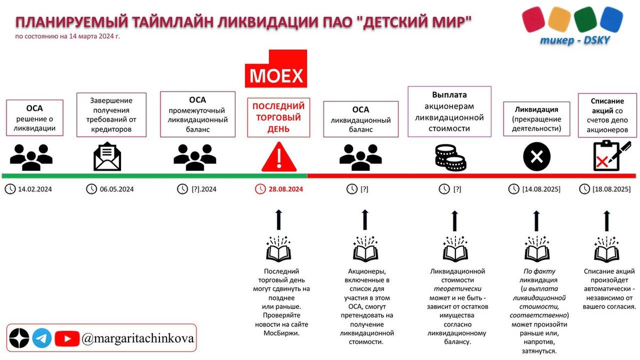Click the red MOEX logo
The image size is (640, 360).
click(276, 69)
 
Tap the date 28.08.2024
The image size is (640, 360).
click(286, 189)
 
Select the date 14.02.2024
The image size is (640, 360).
click(35, 189)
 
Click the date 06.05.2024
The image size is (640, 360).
click(116, 189)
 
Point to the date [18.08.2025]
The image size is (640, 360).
click(611, 189)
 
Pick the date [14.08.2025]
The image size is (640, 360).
click(541, 189)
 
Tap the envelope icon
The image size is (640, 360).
click(107, 156)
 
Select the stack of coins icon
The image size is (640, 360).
click(450, 158)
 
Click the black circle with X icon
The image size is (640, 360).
click(537, 157)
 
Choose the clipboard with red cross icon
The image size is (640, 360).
click(607, 155)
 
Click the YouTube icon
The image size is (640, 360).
click(67, 338)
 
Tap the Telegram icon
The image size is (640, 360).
click(42, 338)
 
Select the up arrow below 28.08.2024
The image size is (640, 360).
click(278, 219)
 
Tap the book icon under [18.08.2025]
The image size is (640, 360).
click(607, 249)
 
